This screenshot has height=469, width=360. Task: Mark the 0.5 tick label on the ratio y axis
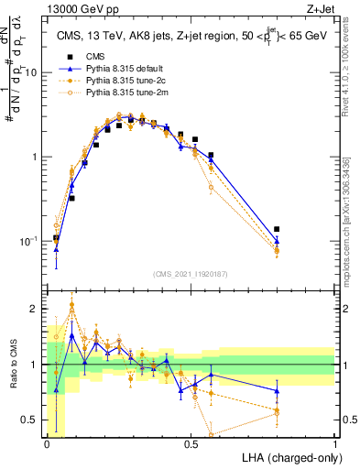(x=32, y=420)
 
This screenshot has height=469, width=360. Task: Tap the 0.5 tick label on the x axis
(x=191, y=444)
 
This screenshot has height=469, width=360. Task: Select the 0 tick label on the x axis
(x=47, y=444)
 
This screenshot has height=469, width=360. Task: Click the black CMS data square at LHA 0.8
(x=278, y=229)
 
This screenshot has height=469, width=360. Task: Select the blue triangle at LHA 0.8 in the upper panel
(x=278, y=241)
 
